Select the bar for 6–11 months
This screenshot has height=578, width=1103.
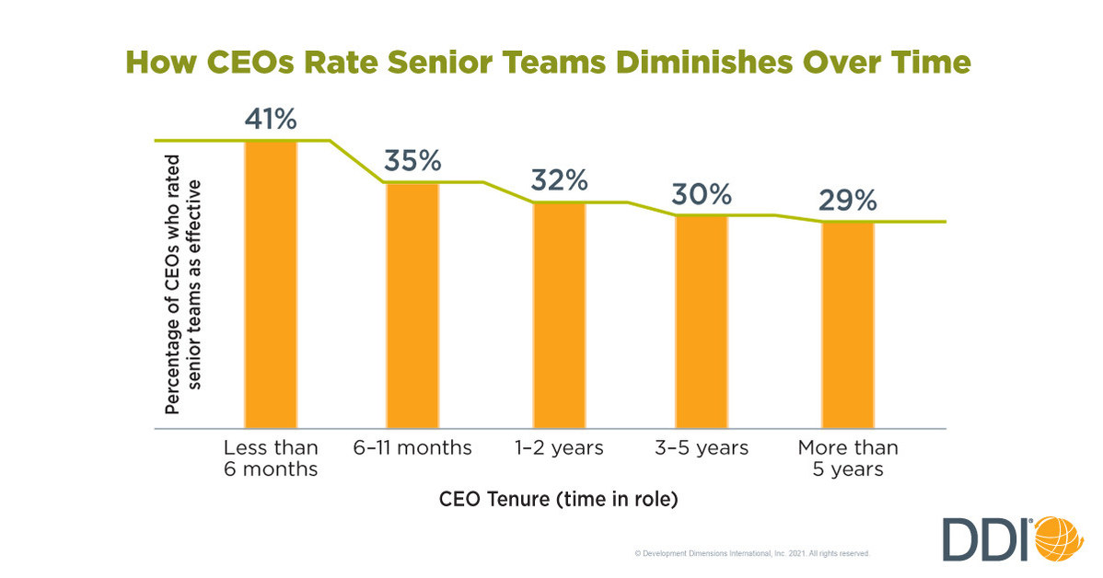click(x=412, y=305)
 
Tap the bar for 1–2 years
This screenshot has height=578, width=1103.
click(x=559, y=315)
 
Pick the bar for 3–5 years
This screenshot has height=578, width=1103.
click(x=702, y=321)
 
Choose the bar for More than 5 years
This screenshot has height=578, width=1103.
click(x=848, y=325)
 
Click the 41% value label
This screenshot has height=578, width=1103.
click(x=272, y=120)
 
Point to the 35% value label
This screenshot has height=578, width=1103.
click(x=412, y=162)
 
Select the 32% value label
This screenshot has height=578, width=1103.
click(x=559, y=180)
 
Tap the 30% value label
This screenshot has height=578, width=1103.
click(x=702, y=194)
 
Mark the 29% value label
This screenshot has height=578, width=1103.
click(x=848, y=201)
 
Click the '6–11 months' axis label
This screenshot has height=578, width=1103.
click(x=412, y=448)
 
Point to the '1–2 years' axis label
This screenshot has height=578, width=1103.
click(x=559, y=448)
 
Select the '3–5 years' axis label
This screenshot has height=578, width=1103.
click(x=702, y=448)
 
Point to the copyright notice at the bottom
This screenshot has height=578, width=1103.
click(x=752, y=554)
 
